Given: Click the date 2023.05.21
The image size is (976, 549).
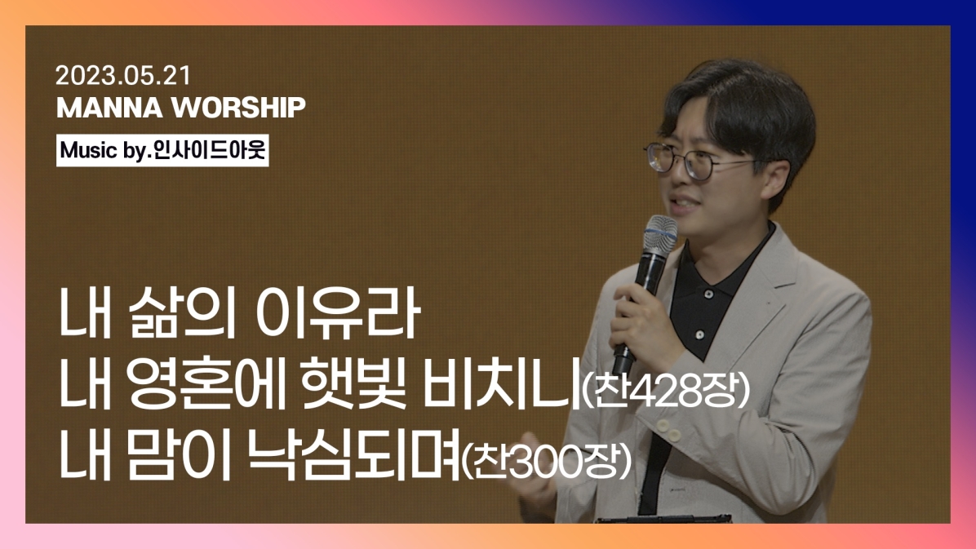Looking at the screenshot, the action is click(x=123, y=76).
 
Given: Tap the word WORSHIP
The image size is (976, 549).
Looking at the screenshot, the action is click(x=238, y=108).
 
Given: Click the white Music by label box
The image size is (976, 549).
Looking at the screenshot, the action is click(x=162, y=150).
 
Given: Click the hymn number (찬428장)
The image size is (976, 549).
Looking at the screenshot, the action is click(x=665, y=391).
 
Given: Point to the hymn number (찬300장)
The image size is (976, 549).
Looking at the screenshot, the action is click(x=547, y=461).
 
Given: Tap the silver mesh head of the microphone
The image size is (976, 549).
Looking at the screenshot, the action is click(x=660, y=234).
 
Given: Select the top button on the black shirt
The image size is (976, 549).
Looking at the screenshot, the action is click(x=708, y=293).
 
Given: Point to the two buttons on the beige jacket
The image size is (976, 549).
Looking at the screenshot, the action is click(x=668, y=430).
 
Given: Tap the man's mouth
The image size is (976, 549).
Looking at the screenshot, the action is click(x=683, y=204).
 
